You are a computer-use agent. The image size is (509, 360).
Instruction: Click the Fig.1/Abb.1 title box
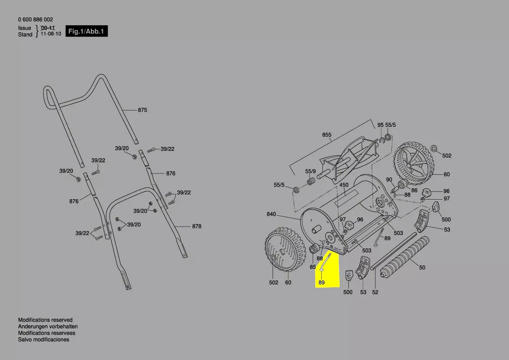coord(87,31)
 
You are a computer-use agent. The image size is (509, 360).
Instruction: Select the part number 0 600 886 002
coord(36,20)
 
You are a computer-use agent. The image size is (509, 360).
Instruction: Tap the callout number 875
coord(142,110)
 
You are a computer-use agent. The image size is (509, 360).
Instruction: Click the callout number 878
coord(197,227)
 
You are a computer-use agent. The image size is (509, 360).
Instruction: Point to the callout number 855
coord(327,135)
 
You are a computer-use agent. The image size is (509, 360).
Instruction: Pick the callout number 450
coord(344,185)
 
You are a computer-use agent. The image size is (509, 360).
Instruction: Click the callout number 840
coord(271,214)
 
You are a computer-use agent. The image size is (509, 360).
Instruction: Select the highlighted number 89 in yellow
coord(322,282)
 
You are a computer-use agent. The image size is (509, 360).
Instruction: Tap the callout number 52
coord(375,292)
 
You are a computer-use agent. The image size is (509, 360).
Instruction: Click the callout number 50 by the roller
coord(422,267)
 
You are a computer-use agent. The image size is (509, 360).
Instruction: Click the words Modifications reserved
coord(45,320)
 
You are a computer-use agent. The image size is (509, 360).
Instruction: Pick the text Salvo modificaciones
coord(44,340)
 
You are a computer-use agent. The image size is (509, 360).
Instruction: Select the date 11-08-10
coord(51,34)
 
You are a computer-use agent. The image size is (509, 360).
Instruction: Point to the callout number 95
coord(381,125)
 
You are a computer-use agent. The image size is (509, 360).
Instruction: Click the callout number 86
coord(414,190)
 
